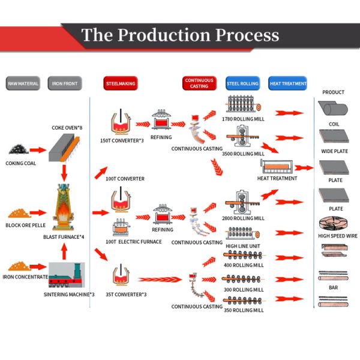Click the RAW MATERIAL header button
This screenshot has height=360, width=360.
click(23, 84)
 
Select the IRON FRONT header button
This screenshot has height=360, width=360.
click(64, 84)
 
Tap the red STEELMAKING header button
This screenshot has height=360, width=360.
click(120, 84)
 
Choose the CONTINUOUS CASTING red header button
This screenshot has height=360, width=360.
click(199, 83)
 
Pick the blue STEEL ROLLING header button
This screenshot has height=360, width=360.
click(242, 84)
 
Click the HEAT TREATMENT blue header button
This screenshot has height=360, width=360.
click(287, 84)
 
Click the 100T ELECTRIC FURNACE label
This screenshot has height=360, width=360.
click(133, 241)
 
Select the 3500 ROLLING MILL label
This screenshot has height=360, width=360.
click(244, 154)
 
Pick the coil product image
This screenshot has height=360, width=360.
click(334, 110)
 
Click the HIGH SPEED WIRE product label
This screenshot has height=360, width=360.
click(338, 236)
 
